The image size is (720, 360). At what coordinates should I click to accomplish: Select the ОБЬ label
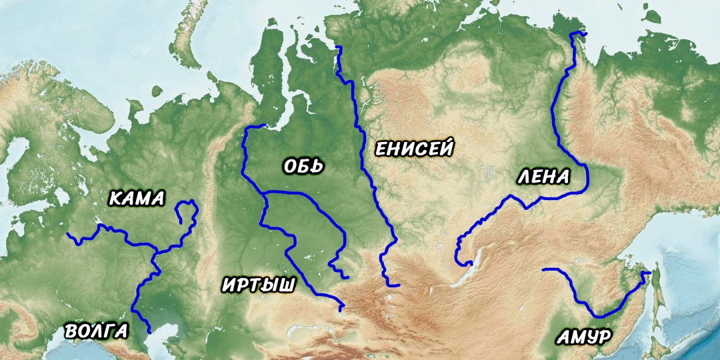click(303, 166)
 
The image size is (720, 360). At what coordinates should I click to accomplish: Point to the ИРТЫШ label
click(258, 285)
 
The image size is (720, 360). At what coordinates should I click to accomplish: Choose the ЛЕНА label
click(543, 177)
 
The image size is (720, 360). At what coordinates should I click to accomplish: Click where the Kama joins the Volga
click(156, 252)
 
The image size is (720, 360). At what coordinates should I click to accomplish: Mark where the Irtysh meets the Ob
click(265, 194)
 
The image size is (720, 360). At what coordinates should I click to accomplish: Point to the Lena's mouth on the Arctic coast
click(579, 33)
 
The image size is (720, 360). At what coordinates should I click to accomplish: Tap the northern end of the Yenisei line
click(338, 47)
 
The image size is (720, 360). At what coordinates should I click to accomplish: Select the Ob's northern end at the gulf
click(264, 125)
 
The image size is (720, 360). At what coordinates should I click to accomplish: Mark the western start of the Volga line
click(67, 234)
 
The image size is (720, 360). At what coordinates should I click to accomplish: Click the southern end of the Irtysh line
click(341, 310)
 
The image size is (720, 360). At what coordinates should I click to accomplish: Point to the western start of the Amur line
click(543, 269)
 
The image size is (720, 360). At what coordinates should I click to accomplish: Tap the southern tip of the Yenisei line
click(398, 285)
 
